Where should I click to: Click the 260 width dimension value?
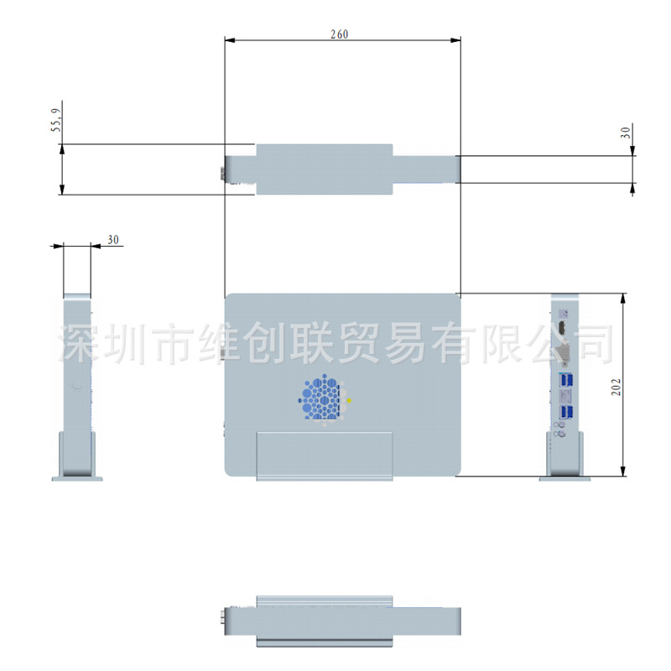[x=339, y=34]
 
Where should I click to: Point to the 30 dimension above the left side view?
[x=113, y=240]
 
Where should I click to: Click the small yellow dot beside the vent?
[x=349, y=401]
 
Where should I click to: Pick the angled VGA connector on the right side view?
[x=563, y=353]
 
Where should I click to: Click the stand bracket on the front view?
[x=324, y=455]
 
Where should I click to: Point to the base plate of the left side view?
[x=77, y=478]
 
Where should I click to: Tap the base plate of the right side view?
[x=564, y=479]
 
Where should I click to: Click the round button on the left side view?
[x=77, y=387]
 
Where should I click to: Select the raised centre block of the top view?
[x=324, y=169]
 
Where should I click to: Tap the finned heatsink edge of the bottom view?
[x=324, y=601]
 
